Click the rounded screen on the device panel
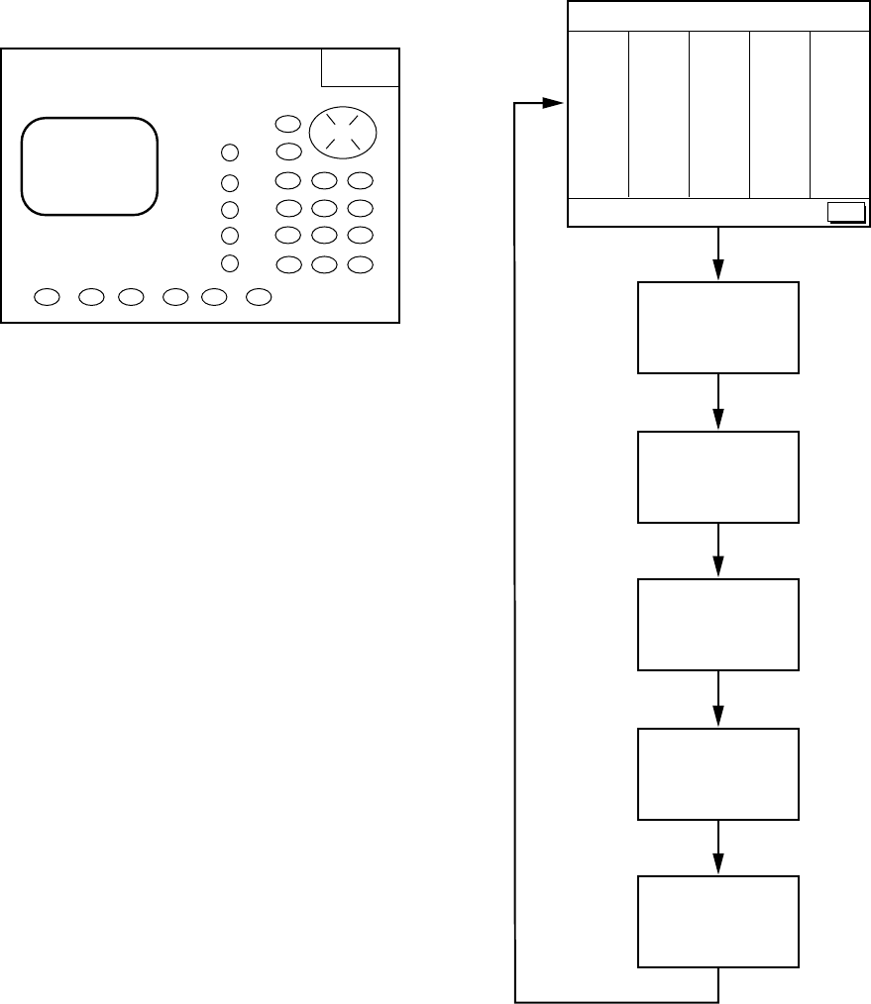[89, 165]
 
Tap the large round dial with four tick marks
[344, 132]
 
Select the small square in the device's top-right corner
[360, 67]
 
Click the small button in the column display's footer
[845, 211]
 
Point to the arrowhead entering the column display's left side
[556, 102]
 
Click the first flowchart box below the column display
[718, 328]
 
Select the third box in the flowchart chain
[718, 625]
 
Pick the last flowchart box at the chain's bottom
[718, 921]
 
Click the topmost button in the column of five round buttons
[230, 152]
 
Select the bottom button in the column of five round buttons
[230, 262]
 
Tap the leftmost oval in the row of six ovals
[46, 296]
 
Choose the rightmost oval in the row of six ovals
[259, 296]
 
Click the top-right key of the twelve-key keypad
[360, 181]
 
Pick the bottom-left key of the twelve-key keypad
[287, 264]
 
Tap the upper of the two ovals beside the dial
[287, 125]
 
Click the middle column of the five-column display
[719, 114]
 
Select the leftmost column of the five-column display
[598, 114]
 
